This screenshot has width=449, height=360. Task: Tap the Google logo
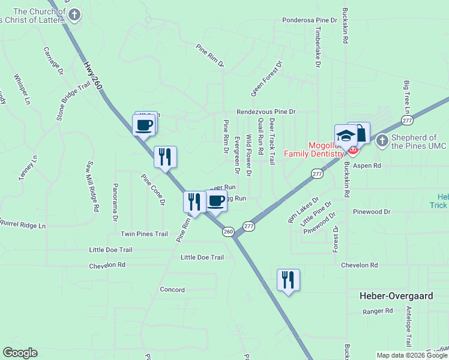coord(20,353)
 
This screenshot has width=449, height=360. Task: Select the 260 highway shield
coord(228,232)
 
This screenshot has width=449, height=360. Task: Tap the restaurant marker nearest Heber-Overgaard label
coord(288,280)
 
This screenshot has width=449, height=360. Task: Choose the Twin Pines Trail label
coord(144,234)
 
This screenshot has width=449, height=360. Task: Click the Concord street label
coord(172,289)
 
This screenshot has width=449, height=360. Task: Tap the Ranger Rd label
coord(378,311)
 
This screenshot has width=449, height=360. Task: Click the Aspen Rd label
coord(367,165)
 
